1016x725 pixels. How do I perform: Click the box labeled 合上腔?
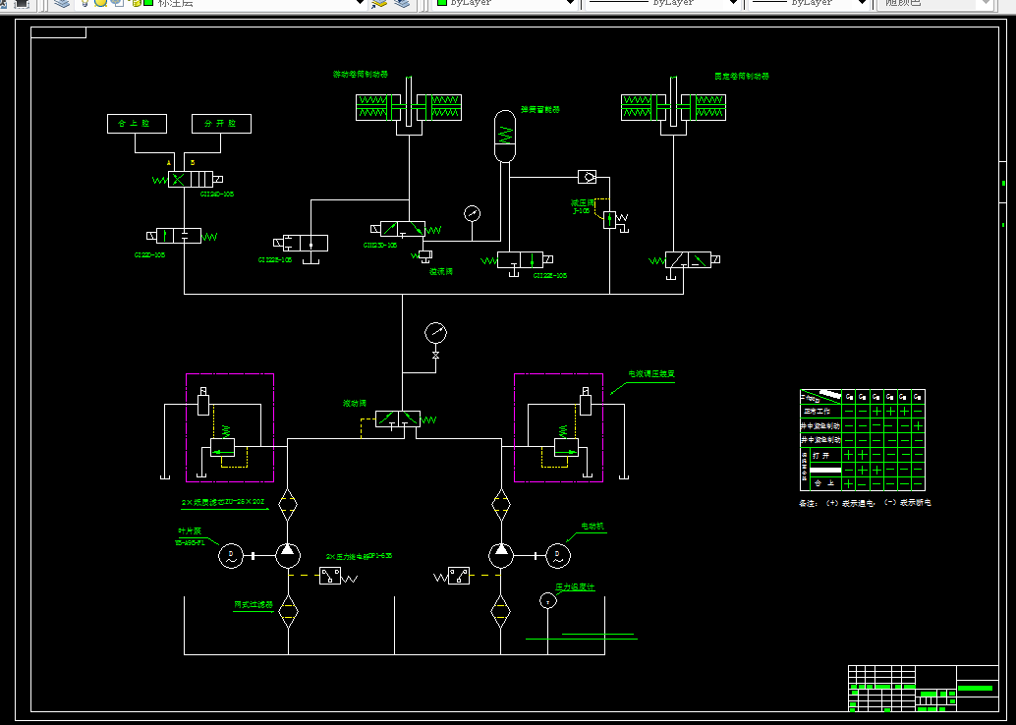point(137,124)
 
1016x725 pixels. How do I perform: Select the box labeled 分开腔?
point(221,124)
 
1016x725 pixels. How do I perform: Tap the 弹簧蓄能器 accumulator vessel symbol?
point(504,136)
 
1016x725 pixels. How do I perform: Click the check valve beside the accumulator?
point(588,178)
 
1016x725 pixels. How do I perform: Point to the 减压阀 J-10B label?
point(582,206)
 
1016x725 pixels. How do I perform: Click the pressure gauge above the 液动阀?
point(435,333)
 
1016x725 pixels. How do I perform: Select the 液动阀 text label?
point(354,404)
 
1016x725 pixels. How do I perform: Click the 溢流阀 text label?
point(440,272)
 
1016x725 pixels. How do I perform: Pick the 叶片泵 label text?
point(187,531)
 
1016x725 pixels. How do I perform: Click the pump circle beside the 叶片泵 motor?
point(287,555)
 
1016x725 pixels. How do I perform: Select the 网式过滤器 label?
point(253,605)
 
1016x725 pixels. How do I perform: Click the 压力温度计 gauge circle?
point(548,601)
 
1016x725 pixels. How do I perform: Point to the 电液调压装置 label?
point(651,374)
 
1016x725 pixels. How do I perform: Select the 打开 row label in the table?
point(821,455)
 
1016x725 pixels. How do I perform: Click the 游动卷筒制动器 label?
point(361,75)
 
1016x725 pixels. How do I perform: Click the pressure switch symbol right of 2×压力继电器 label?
point(329,576)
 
